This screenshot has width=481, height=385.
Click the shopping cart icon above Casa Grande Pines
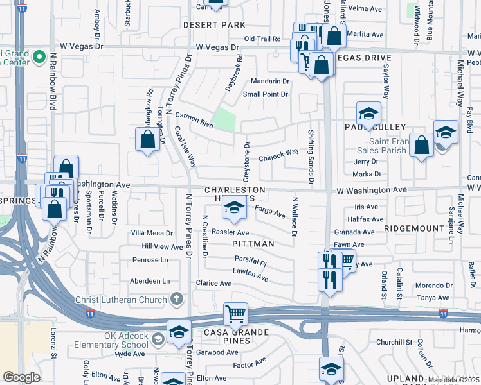[x=235, y=314]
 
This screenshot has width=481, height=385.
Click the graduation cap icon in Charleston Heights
[x=235, y=208]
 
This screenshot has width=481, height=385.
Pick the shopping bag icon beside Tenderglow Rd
[x=147, y=139]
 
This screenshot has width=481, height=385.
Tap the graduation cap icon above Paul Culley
[x=368, y=114]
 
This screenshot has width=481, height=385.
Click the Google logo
[x=21, y=377]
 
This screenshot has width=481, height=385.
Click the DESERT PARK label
[x=214, y=25]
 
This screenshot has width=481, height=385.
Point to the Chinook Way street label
[x=278, y=154]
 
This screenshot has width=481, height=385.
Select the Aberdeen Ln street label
[x=150, y=281]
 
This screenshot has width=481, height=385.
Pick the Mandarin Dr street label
[x=269, y=81]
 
